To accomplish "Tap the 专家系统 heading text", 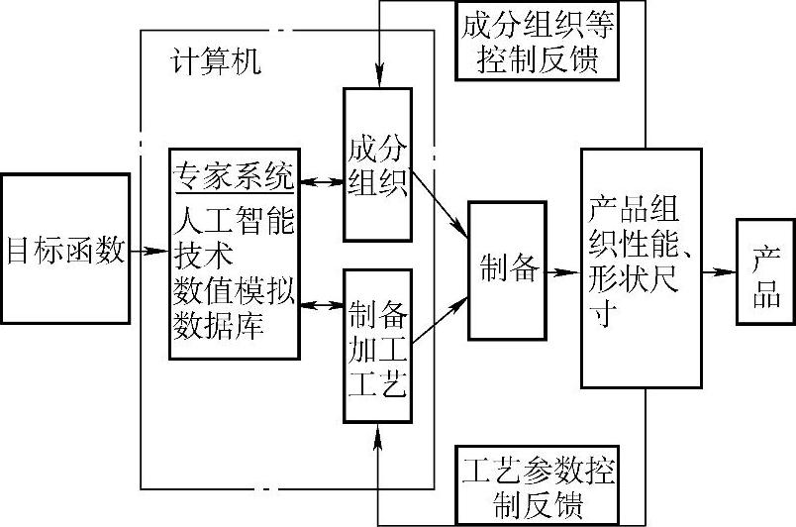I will [x=234, y=177].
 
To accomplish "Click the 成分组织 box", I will [x=376, y=165].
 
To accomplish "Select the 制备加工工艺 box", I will [x=376, y=347].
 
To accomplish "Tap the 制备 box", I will [x=507, y=267].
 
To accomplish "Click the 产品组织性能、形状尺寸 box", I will [x=641, y=267].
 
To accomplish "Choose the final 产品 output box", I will [x=765, y=270].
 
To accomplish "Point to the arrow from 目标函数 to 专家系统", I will [x=149, y=252].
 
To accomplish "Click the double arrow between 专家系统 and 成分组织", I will [x=320, y=181].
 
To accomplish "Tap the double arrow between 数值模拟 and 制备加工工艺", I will [x=320, y=305].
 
